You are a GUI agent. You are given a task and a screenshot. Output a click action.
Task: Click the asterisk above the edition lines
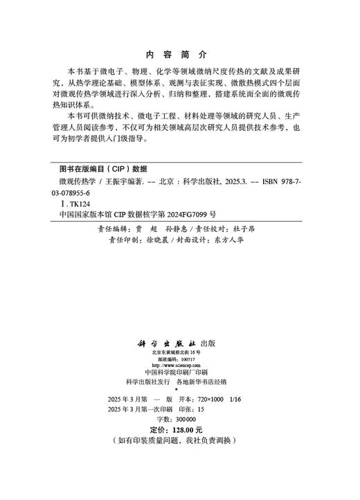[x=179, y=390]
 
